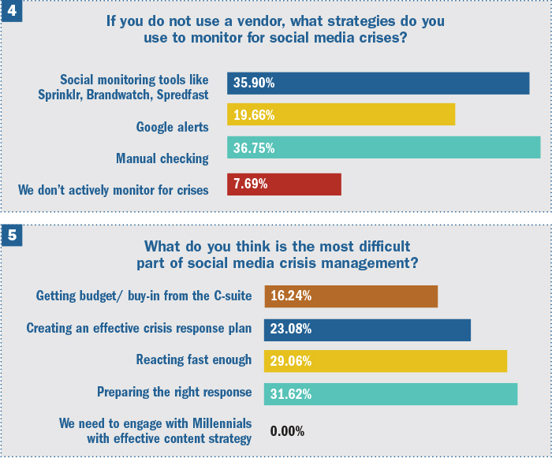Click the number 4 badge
pyautogui.click(x=12, y=10)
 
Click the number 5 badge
pyautogui.click(x=12, y=235)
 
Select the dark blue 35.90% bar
pyautogui.click(x=378, y=84)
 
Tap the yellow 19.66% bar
pyautogui.click(x=341, y=114)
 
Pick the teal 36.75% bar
pyautogui.click(x=384, y=147)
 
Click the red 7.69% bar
pyautogui.click(x=284, y=184)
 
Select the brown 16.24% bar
pyautogui.click(x=351, y=296)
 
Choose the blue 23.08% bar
pyautogui.click(x=367, y=330)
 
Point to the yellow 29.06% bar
pyautogui.click(x=386, y=361)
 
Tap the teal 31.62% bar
pyautogui.click(x=391, y=394)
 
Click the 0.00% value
pyautogui.click(x=287, y=431)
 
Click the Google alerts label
pyautogui.click(x=172, y=127)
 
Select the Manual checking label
pyautogui.click(x=162, y=158)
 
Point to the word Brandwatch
pyautogui.click(x=120, y=95)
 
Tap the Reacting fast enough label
pyautogui.click(x=194, y=359)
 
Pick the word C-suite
pyautogui.click(x=233, y=296)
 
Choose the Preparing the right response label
pyautogui.click(x=174, y=392)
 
